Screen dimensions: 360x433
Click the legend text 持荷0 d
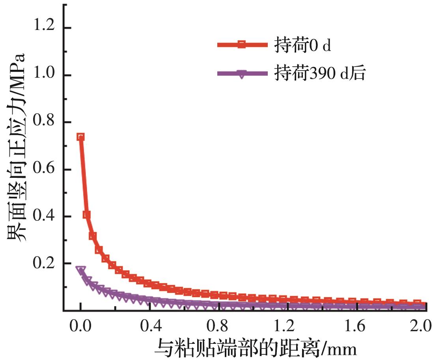pyautogui.click(x=302, y=46)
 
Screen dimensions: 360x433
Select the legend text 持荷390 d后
pyautogui.click(x=319, y=73)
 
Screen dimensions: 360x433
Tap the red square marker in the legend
pyautogui.click(x=241, y=45)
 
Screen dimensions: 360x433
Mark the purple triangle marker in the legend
pyautogui.click(x=241, y=74)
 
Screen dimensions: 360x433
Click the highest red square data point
pyautogui.click(x=80, y=137)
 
